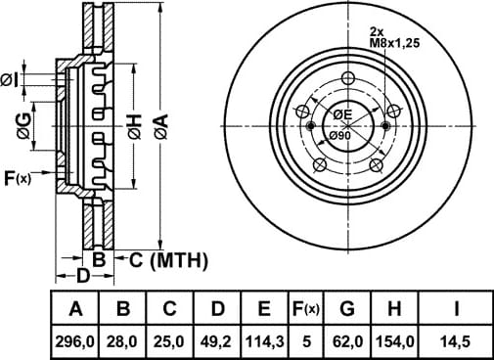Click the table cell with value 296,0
click(75, 341)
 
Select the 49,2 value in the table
click(217, 341)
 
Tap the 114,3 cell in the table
click(265, 341)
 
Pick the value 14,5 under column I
click(455, 341)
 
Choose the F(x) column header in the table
click(306, 308)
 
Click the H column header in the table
click(394, 308)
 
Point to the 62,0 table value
click(347, 341)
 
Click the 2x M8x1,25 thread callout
click(394, 37)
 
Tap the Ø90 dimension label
click(339, 135)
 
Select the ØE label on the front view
click(342, 114)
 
